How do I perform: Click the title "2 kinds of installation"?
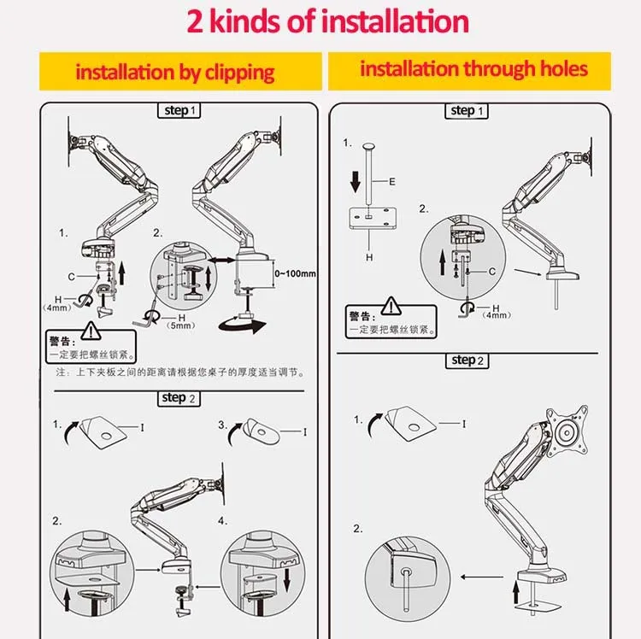click(328, 21)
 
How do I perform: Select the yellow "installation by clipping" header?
click(175, 72)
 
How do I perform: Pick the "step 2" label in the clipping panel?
click(179, 398)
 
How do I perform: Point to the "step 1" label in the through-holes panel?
click(468, 111)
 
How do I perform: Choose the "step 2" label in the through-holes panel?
click(468, 361)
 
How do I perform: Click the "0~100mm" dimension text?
click(294, 273)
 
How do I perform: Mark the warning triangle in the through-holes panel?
click(391, 305)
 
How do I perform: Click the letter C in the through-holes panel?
click(492, 271)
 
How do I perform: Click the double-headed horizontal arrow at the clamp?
click(223, 256)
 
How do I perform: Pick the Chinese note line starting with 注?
click(180, 372)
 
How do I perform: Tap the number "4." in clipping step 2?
click(222, 520)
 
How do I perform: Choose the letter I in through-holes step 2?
click(464, 424)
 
